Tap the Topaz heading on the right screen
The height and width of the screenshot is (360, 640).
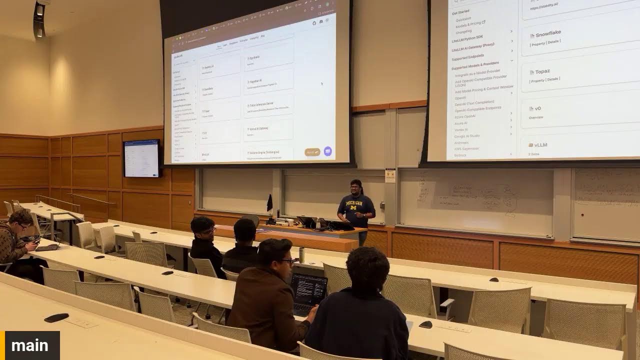[542, 71]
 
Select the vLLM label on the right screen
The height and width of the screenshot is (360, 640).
[540, 145]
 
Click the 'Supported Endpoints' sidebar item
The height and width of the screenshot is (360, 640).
[467, 56]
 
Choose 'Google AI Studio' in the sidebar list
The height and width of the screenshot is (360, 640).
[467, 136]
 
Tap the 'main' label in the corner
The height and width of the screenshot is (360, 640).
[30, 345]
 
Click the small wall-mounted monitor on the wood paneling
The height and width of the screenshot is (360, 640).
[141, 158]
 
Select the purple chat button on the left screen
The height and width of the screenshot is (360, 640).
[327, 151]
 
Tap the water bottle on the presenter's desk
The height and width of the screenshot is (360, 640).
[317, 223]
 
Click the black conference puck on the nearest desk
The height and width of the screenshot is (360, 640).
[56, 317]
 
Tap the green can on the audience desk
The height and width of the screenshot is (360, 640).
[301, 255]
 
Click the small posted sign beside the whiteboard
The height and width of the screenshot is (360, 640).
[390, 175]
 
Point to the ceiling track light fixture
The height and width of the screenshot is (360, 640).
[39, 20]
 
